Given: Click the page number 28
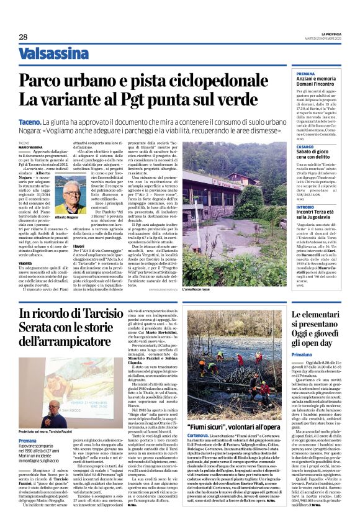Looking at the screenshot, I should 23,37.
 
